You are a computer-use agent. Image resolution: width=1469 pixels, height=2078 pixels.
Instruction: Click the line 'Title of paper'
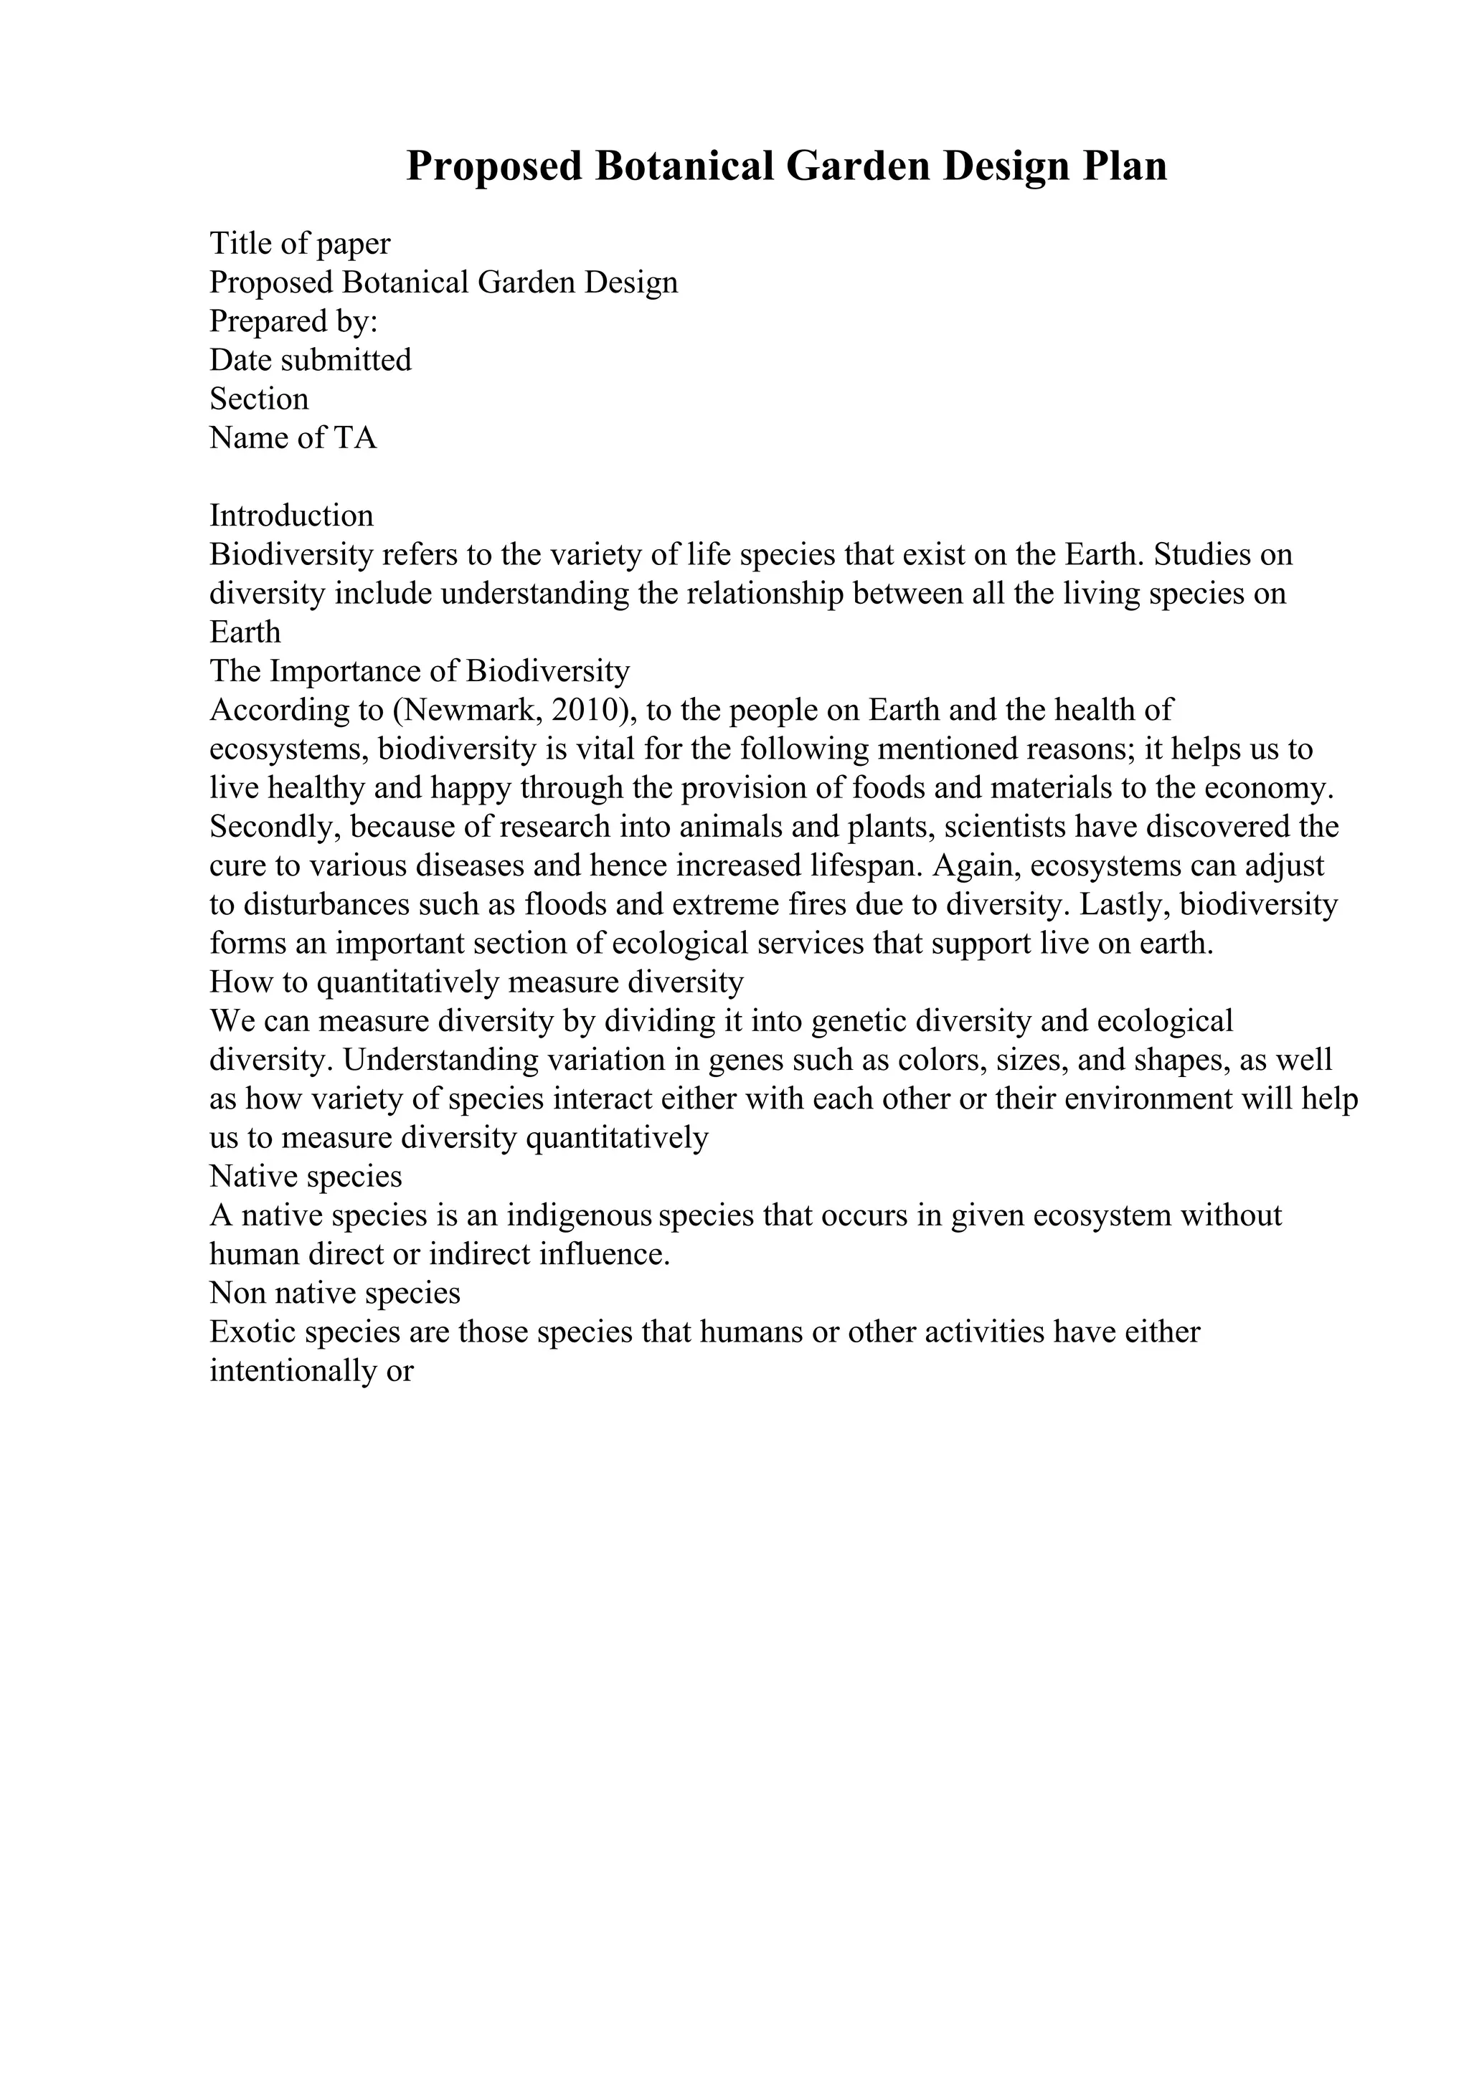tap(300, 244)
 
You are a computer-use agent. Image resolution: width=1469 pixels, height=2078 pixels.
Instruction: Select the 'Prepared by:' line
tap(293, 321)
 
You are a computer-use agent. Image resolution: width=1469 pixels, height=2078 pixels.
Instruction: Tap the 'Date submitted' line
tap(311, 360)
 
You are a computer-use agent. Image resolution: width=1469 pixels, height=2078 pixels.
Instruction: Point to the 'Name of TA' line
tap(293, 438)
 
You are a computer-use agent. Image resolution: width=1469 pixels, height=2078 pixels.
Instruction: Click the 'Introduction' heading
tap(291, 516)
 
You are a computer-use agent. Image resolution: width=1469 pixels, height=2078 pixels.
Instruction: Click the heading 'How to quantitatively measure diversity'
tap(476, 982)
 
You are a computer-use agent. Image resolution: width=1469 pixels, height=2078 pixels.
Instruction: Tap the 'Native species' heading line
tap(306, 1177)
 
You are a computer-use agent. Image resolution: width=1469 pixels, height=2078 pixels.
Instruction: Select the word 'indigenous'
tap(580, 1215)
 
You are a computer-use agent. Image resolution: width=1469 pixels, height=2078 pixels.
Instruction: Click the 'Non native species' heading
tap(335, 1294)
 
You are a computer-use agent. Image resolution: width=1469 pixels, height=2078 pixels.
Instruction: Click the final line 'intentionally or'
tap(311, 1371)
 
